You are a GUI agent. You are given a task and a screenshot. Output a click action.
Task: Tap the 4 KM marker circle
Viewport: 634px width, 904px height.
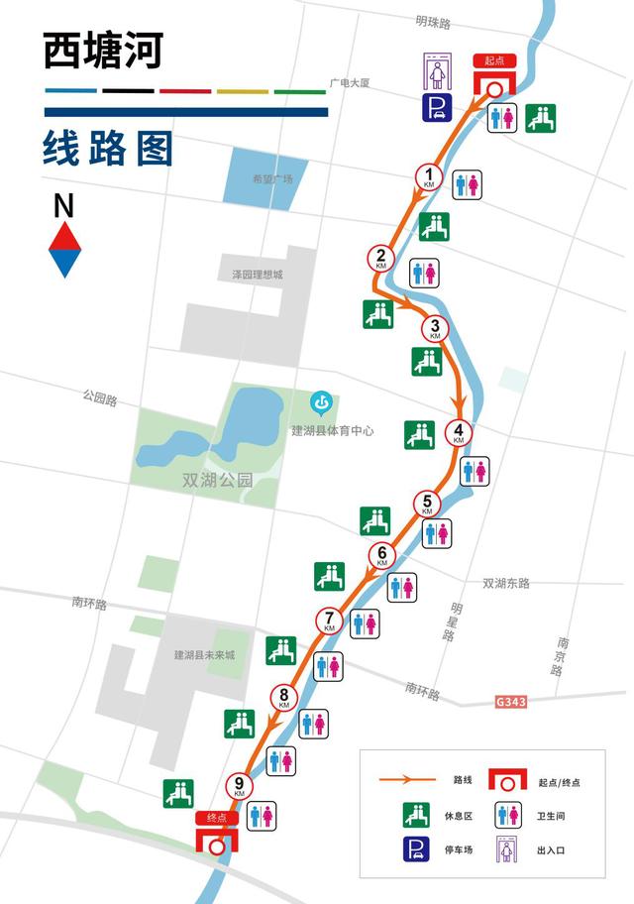459,432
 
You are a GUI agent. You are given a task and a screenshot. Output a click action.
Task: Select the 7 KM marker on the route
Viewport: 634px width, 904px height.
330,621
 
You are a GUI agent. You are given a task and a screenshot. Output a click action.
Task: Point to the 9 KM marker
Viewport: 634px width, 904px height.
240,787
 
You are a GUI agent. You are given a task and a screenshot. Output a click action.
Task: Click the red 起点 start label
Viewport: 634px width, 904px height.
494,61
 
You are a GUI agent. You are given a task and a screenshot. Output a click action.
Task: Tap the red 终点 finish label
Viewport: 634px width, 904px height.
217,818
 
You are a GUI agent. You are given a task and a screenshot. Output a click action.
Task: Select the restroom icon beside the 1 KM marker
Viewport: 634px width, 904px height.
467,184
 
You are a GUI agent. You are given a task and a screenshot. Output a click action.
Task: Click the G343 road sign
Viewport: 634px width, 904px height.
511,702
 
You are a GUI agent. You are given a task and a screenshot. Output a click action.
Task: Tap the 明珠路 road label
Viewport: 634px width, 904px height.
433,22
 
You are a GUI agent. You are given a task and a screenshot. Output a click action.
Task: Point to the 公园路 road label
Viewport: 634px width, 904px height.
100,399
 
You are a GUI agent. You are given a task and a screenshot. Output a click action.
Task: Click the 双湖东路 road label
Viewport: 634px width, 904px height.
505,583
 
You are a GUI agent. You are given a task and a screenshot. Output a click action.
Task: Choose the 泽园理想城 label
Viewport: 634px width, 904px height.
251,274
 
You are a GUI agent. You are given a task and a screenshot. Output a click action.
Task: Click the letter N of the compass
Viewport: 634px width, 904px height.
63,206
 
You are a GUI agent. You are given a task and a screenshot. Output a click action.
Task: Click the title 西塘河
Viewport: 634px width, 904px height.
103,52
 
